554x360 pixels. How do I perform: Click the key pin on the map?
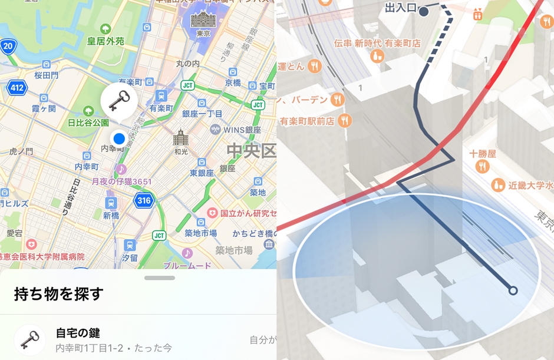coord(119,99)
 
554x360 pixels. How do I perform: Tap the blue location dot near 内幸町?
coord(119,139)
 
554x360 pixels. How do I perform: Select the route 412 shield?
coord(17,88)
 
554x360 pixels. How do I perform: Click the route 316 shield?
coord(144,200)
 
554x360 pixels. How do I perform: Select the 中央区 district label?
coord(251,151)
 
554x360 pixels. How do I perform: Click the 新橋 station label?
coord(111,216)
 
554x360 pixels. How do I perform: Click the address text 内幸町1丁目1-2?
coord(90,348)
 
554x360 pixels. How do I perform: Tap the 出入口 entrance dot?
coord(424,12)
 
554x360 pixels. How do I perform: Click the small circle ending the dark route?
coord(513,290)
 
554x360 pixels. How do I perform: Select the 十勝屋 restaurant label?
coord(482,154)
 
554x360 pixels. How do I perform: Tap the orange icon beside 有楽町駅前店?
coord(344,121)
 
